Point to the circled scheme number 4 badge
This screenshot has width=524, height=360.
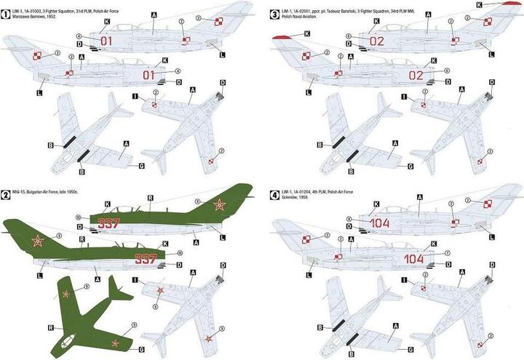pos(274,196)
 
